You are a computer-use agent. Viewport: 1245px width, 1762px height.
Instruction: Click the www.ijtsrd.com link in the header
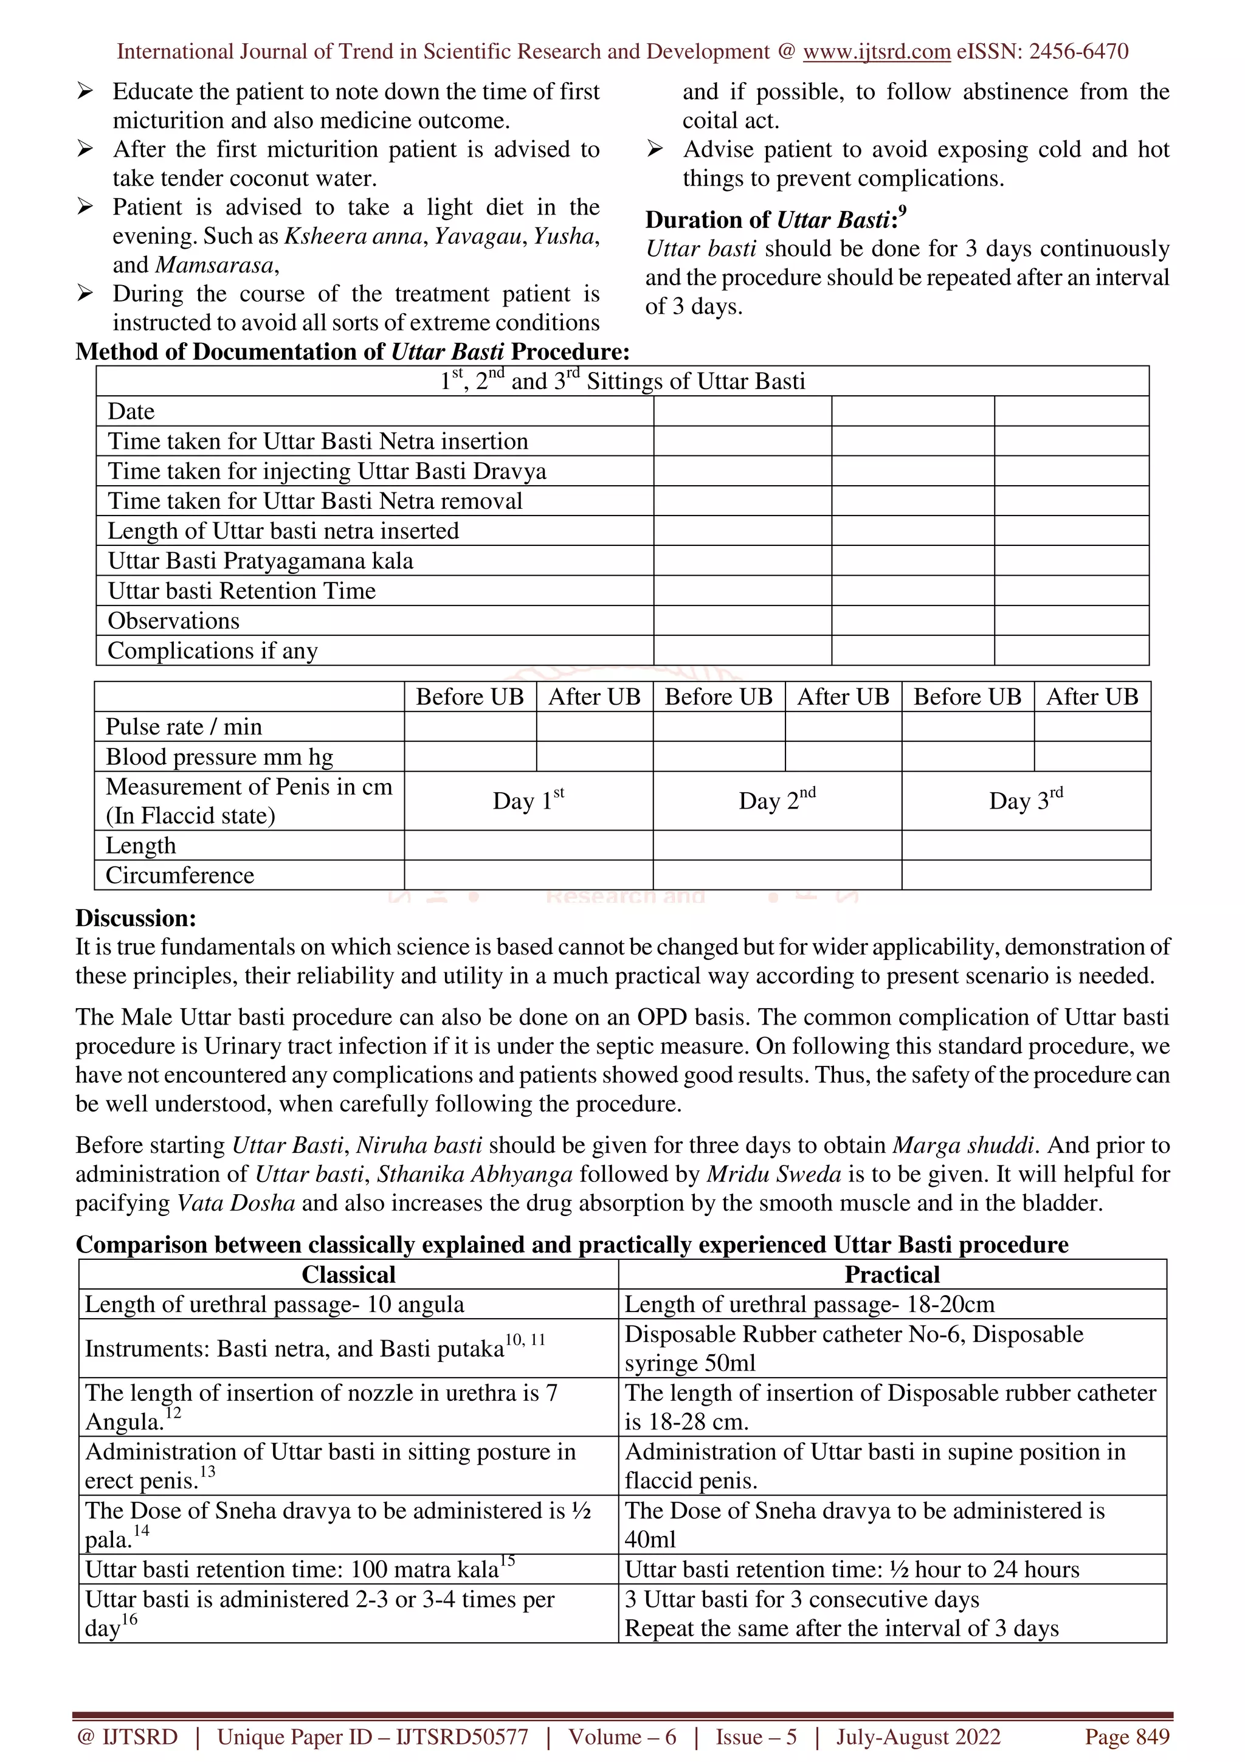click(876, 52)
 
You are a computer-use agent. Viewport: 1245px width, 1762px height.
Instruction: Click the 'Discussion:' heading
click(136, 918)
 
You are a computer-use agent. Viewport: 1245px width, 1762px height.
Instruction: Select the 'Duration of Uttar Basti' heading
click(774, 219)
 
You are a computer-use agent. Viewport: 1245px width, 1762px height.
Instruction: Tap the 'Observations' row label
click(173, 620)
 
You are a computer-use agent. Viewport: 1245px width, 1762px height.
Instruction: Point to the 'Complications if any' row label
click(213, 650)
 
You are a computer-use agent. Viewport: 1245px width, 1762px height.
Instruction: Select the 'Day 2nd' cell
click(776, 800)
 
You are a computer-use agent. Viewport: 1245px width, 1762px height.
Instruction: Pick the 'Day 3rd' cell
click(1026, 800)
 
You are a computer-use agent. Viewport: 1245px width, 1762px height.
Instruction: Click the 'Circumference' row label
click(179, 875)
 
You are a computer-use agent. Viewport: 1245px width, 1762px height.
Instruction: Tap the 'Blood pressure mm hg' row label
click(219, 757)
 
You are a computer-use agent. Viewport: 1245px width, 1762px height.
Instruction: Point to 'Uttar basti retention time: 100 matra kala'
click(299, 1569)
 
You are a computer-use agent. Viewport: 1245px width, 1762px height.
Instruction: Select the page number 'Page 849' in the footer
click(1126, 1736)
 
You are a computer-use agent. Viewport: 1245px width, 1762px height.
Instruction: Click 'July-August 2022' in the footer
click(918, 1736)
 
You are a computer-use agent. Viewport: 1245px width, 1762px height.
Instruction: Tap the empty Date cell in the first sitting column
click(742, 412)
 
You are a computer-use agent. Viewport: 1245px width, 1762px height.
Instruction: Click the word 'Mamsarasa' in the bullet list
click(215, 264)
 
